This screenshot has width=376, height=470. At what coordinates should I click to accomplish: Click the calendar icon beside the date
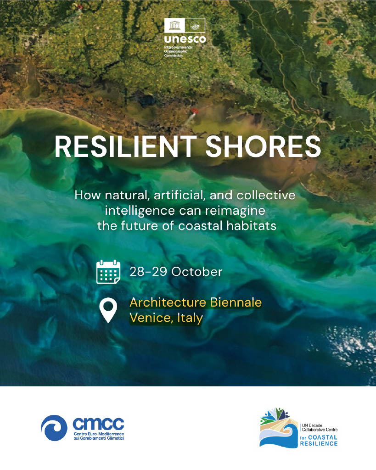108,272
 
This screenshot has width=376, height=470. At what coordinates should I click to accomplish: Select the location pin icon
108,311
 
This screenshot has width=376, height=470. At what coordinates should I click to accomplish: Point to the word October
197,272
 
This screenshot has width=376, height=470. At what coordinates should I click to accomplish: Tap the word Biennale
236,302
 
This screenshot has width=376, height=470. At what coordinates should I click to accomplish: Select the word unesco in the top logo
185,39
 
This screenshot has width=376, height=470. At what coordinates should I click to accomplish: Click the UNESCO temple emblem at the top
175,26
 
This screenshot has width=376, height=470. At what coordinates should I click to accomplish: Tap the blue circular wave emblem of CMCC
54,428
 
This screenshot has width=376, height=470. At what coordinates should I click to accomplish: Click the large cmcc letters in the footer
98,424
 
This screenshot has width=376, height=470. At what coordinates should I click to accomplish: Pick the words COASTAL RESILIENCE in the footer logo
319,440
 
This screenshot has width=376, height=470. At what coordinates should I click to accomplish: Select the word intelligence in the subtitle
140,211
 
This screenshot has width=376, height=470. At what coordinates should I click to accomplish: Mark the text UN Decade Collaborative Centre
320,427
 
